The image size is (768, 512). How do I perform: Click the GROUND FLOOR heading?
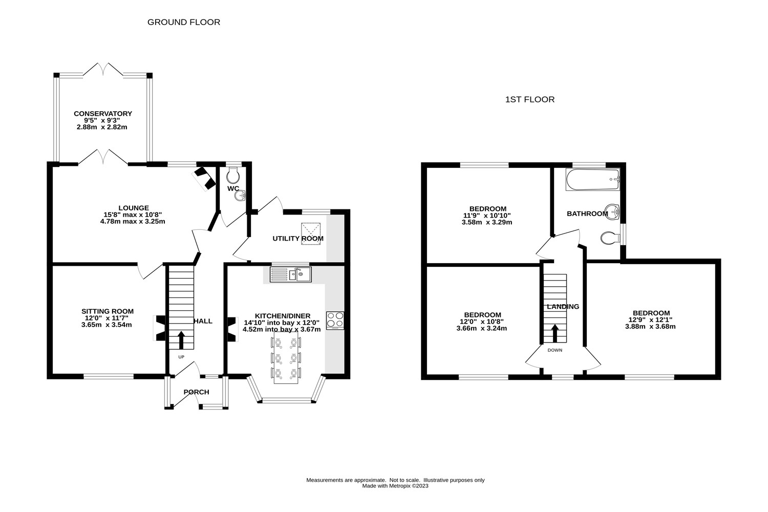(x=184, y=23)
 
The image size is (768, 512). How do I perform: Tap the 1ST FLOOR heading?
(x=530, y=99)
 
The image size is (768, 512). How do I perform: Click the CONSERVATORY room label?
(x=103, y=114)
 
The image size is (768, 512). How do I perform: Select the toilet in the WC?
(x=233, y=175)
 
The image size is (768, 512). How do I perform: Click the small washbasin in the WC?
(x=241, y=196)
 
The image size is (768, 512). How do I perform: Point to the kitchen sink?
(x=291, y=274)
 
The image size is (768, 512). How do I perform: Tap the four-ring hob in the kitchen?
(x=335, y=321)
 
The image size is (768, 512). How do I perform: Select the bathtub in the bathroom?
(x=593, y=179)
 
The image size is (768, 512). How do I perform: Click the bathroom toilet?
(x=610, y=238)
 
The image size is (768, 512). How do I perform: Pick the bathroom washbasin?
(x=612, y=211)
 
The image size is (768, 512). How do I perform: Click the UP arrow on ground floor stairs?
(x=181, y=339)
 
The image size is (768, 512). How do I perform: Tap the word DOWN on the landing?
(x=554, y=350)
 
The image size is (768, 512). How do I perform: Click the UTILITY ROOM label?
(x=298, y=239)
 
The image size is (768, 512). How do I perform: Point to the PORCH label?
(x=196, y=392)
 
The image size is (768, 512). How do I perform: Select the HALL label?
(x=203, y=321)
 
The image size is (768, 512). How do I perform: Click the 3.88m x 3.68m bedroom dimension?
(x=650, y=327)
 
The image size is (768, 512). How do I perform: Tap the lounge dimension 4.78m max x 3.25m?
(x=133, y=222)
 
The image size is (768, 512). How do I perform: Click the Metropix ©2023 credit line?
(x=395, y=486)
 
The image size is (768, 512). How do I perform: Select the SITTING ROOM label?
(x=108, y=311)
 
